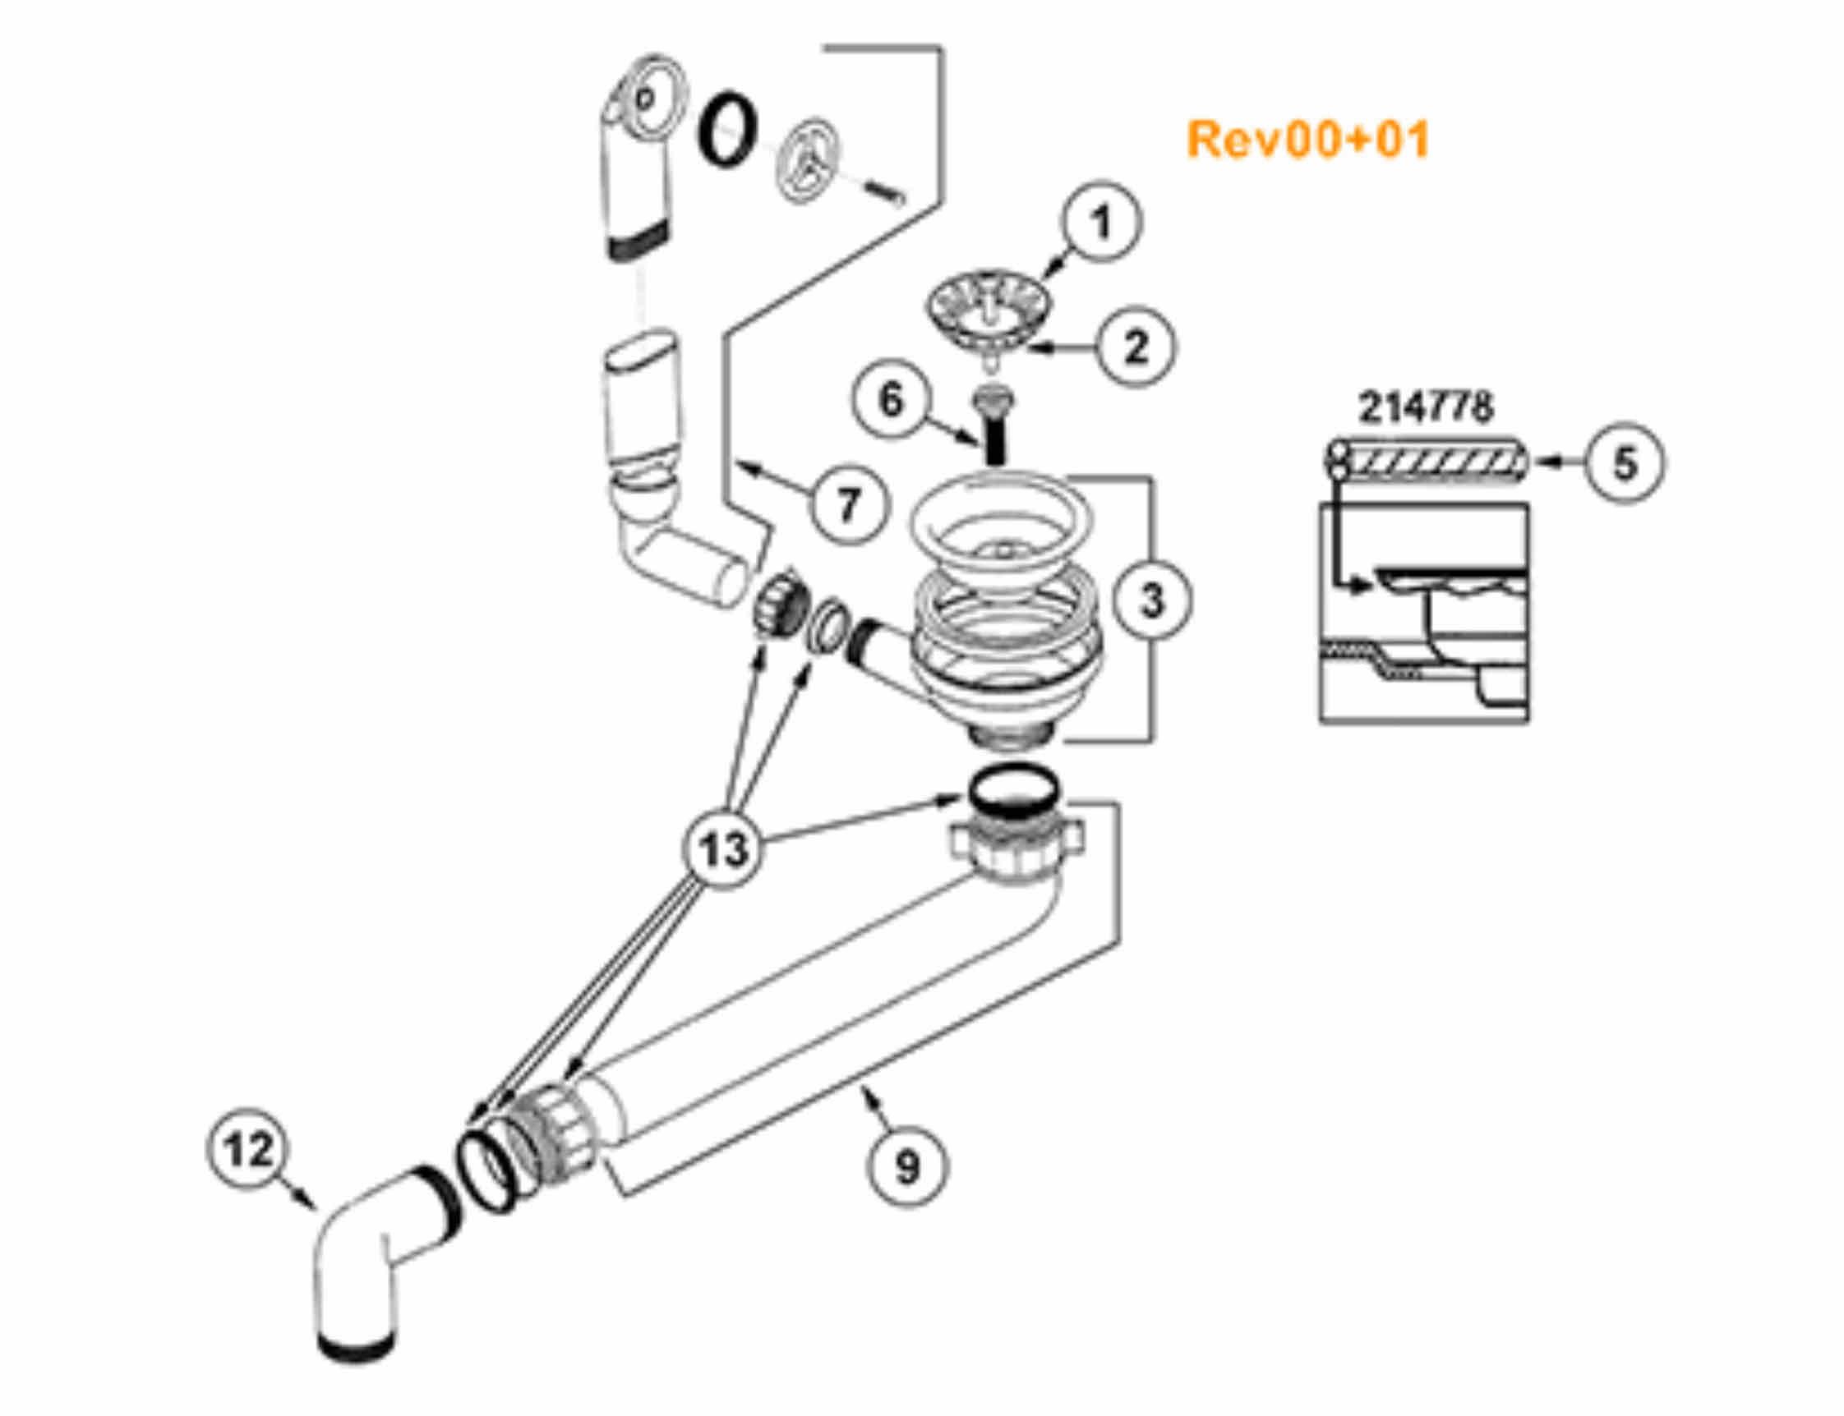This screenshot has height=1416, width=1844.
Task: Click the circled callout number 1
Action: point(1100,223)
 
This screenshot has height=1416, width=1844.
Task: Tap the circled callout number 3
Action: point(1152,600)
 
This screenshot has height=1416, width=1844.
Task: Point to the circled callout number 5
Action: point(1625,462)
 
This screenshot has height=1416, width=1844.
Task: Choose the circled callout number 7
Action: point(847,504)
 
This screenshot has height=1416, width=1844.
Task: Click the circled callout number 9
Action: point(907,1167)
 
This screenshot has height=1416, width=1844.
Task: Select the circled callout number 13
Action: point(724,849)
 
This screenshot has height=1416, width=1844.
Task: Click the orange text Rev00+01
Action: point(1307,140)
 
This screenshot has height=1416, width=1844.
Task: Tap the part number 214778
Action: point(1425,408)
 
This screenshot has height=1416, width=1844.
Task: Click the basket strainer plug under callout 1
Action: point(989,320)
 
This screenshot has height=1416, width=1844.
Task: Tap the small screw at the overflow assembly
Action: point(885,191)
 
